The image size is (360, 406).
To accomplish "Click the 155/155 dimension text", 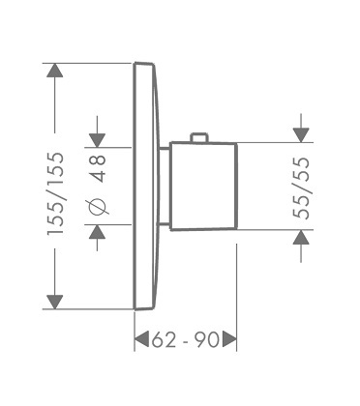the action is [55, 193].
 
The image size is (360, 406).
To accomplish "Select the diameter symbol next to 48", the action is [97, 206].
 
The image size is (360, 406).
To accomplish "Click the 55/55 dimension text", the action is [301, 188].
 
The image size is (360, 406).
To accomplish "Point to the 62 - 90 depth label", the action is [185, 340].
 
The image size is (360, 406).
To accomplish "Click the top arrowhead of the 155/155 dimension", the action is [54, 71].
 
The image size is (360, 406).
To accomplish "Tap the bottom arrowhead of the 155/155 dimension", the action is [54, 302].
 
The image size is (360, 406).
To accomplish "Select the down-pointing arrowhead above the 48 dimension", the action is [98, 140].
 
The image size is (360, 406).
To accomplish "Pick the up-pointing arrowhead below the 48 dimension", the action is [97, 232].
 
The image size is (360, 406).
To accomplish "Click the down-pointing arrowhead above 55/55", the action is [301, 135].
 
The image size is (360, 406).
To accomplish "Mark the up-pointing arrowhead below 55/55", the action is [301, 237].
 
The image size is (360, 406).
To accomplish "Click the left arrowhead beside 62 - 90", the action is [141, 339].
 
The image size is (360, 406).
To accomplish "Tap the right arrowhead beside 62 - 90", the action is [229, 339].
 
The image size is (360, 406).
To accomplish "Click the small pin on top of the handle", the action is [198, 137].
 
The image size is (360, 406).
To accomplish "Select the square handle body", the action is [203, 187].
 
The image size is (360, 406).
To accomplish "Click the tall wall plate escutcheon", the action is [146, 186].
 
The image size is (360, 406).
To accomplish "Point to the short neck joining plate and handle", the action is [165, 187].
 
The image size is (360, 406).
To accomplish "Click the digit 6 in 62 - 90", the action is [158, 340].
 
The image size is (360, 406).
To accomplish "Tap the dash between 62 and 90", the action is [185, 342].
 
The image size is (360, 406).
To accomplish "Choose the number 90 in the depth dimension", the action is [207, 340].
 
